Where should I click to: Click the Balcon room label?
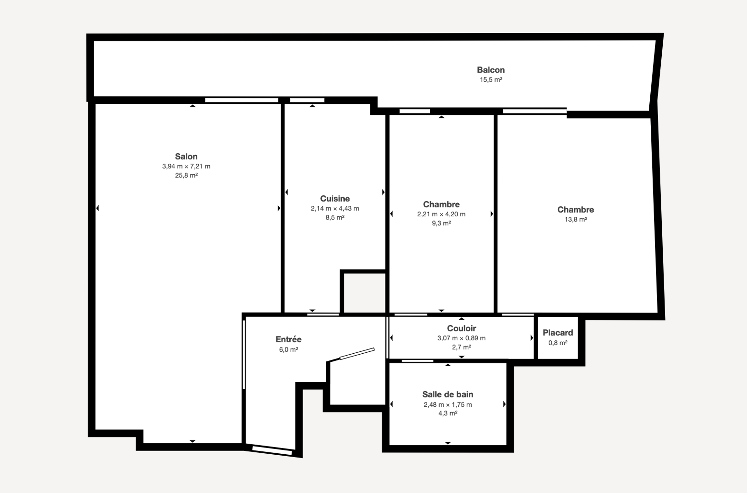pyautogui.click(x=491, y=70)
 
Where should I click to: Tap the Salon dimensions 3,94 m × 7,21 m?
pyautogui.click(x=186, y=166)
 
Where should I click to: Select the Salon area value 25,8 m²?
pyautogui.click(x=186, y=175)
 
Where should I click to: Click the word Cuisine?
pyautogui.click(x=335, y=199)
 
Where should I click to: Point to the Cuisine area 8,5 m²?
pyautogui.click(x=335, y=217)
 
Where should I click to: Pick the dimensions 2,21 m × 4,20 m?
pyautogui.click(x=441, y=214)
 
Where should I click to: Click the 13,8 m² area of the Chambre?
pyautogui.click(x=576, y=219)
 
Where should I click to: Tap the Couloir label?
pyautogui.click(x=461, y=328)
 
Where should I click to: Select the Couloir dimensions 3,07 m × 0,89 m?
pyautogui.click(x=461, y=338)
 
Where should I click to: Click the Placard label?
pyautogui.click(x=558, y=333)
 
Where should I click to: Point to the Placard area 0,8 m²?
pyautogui.click(x=558, y=343)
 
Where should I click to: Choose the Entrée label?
pyautogui.click(x=289, y=339)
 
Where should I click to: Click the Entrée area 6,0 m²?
pyautogui.click(x=289, y=350)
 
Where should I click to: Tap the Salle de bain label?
pyautogui.click(x=448, y=394)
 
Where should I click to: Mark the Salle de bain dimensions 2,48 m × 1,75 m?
pyautogui.click(x=448, y=405)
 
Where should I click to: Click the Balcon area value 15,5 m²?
pyautogui.click(x=491, y=80)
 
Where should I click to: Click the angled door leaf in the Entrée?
pyautogui.click(x=357, y=354)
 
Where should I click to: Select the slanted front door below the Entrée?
pyautogui.click(x=272, y=450)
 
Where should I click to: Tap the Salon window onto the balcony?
pyautogui.click(x=242, y=100)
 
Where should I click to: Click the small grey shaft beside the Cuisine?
pyautogui.click(x=365, y=293)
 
